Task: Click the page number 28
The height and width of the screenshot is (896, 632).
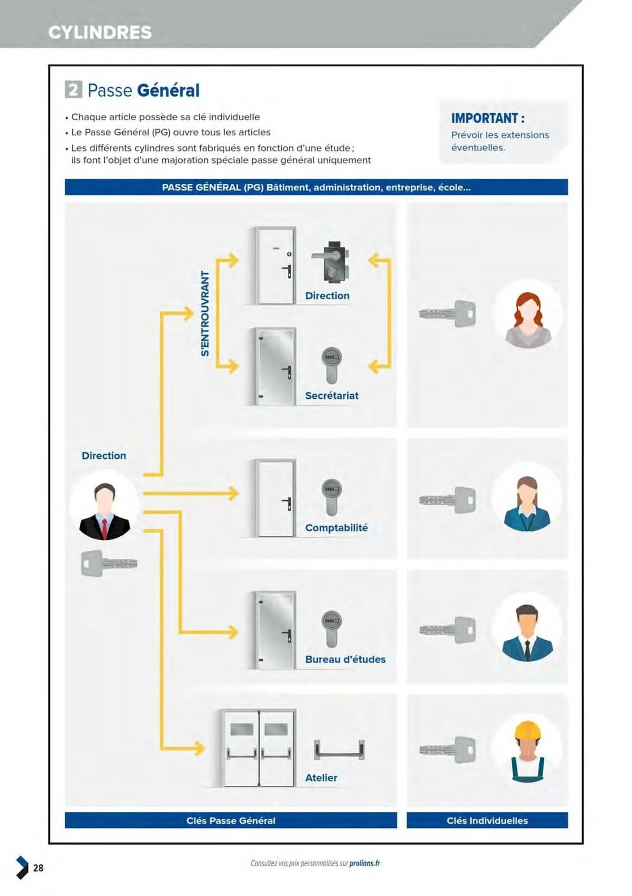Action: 39,868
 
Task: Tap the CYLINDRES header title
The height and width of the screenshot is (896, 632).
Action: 100,32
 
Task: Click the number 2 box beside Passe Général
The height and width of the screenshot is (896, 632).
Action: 73,90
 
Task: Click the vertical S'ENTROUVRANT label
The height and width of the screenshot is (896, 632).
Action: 205,314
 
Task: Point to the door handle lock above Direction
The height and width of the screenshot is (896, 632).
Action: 331,262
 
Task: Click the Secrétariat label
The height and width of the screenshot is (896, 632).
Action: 331,396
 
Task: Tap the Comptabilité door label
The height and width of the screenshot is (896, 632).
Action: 336,528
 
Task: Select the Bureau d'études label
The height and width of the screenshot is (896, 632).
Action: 345,659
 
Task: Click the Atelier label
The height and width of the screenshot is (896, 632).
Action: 321,778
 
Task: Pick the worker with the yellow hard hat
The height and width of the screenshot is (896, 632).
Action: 528,751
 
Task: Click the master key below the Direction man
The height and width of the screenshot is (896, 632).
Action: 109,563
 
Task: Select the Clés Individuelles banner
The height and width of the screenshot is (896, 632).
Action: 487,820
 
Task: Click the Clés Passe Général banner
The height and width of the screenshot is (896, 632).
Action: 231,820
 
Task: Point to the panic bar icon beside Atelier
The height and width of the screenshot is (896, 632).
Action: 339,750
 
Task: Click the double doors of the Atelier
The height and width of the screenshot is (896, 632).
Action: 259,748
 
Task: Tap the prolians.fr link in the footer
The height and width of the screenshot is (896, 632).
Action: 365,863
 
